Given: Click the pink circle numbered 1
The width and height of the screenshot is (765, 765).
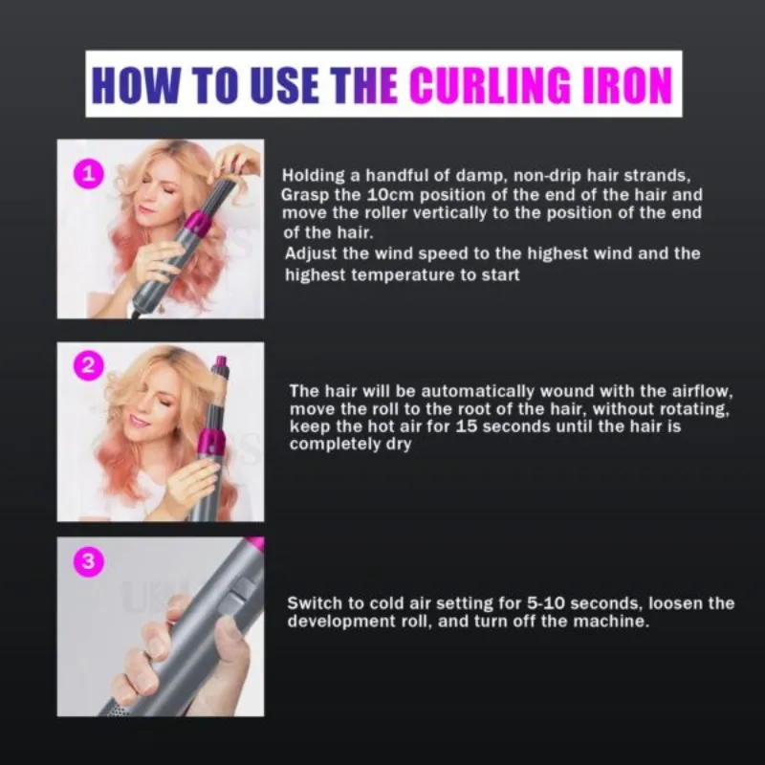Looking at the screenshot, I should pyautogui.click(x=88, y=174).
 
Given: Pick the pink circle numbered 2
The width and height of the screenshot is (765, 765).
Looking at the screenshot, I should pyautogui.click(x=88, y=364).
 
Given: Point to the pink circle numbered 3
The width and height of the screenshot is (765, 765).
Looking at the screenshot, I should pyautogui.click(x=88, y=561).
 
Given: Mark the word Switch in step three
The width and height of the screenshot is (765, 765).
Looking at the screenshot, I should pyautogui.click(x=313, y=603).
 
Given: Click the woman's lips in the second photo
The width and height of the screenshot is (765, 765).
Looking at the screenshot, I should pyautogui.click(x=141, y=418).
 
